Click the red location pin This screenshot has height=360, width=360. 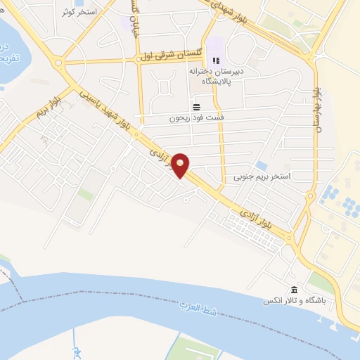point(181,165)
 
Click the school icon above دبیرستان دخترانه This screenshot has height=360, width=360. point(216,61)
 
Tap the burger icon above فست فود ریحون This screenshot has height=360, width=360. point(195,108)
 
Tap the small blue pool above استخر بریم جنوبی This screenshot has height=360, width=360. point(261,165)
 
